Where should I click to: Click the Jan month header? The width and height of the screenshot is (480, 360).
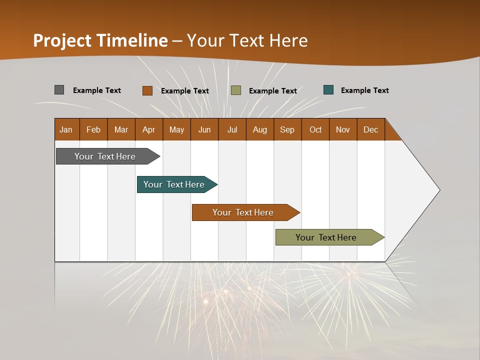[x=66, y=129]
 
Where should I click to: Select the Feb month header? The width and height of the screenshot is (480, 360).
[x=93, y=129]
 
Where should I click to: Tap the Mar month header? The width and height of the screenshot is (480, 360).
[x=121, y=129]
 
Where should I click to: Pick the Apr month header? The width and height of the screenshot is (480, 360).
[x=149, y=129]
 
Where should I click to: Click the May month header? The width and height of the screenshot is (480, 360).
[x=176, y=129]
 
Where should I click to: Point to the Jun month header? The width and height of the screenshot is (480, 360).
[x=204, y=129]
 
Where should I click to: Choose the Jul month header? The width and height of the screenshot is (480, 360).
[x=232, y=129]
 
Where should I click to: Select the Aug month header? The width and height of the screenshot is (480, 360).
[x=260, y=129]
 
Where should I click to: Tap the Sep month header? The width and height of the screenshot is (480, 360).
[x=287, y=129]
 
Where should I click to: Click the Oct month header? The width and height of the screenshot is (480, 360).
[x=315, y=129]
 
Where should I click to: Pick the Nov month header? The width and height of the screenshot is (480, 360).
[x=343, y=129]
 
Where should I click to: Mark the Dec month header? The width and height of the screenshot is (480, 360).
[x=371, y=129]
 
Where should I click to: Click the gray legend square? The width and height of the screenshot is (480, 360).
[x=59, y=90]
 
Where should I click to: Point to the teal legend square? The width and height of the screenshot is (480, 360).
[x=328, y=90]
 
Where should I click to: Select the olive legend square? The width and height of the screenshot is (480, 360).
[x=236, y=90]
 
